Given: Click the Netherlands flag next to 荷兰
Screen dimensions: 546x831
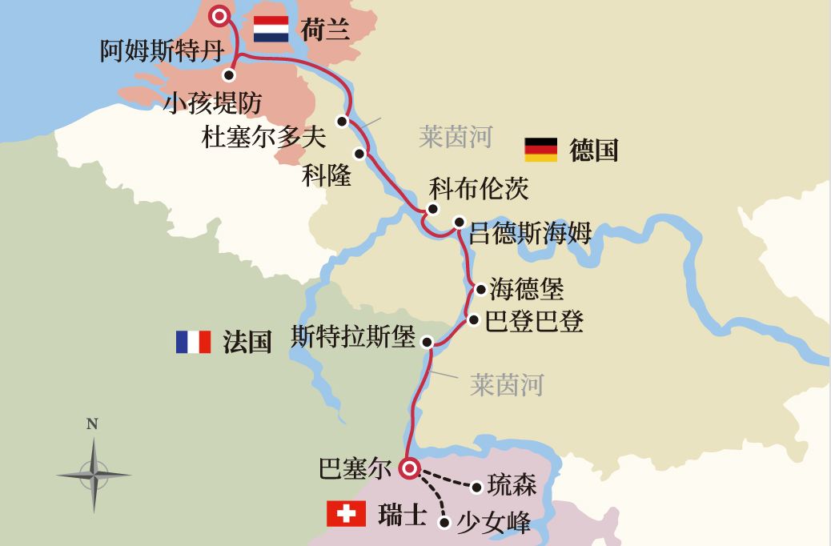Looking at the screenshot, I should click(271, 29).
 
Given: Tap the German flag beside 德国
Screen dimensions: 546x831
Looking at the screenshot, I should click(540, 150).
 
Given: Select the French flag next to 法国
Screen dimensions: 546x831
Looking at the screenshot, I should click(193, 342).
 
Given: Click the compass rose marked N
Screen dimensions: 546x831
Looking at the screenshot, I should click(93, 474).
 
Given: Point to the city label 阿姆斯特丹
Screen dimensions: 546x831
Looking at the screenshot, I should click(162, 52).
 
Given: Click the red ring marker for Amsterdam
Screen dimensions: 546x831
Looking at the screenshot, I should click(219, 16).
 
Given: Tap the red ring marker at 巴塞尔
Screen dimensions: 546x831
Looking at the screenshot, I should click(410, 469).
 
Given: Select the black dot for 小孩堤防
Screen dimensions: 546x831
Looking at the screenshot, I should click(229, 75).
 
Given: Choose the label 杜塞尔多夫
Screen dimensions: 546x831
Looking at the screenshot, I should click(264, 138).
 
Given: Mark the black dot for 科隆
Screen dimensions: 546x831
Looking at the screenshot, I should click(359, 154).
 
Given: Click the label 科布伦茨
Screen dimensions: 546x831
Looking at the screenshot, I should click(479, 189).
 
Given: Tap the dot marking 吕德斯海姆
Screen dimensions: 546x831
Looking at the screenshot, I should click(459, 222).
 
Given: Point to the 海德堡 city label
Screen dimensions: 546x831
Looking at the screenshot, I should click(527, 289).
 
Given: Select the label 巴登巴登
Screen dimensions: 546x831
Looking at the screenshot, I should click(535, 321).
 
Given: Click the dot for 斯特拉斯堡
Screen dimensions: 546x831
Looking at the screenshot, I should click(428, 343).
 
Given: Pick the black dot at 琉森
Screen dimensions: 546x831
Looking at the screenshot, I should click(477, 487).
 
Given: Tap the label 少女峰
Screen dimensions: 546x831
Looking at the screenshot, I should click(494, 524).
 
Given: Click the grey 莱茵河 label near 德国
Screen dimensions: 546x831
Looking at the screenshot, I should click(455, 137).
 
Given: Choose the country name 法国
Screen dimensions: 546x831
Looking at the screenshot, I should click(247, 342).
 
